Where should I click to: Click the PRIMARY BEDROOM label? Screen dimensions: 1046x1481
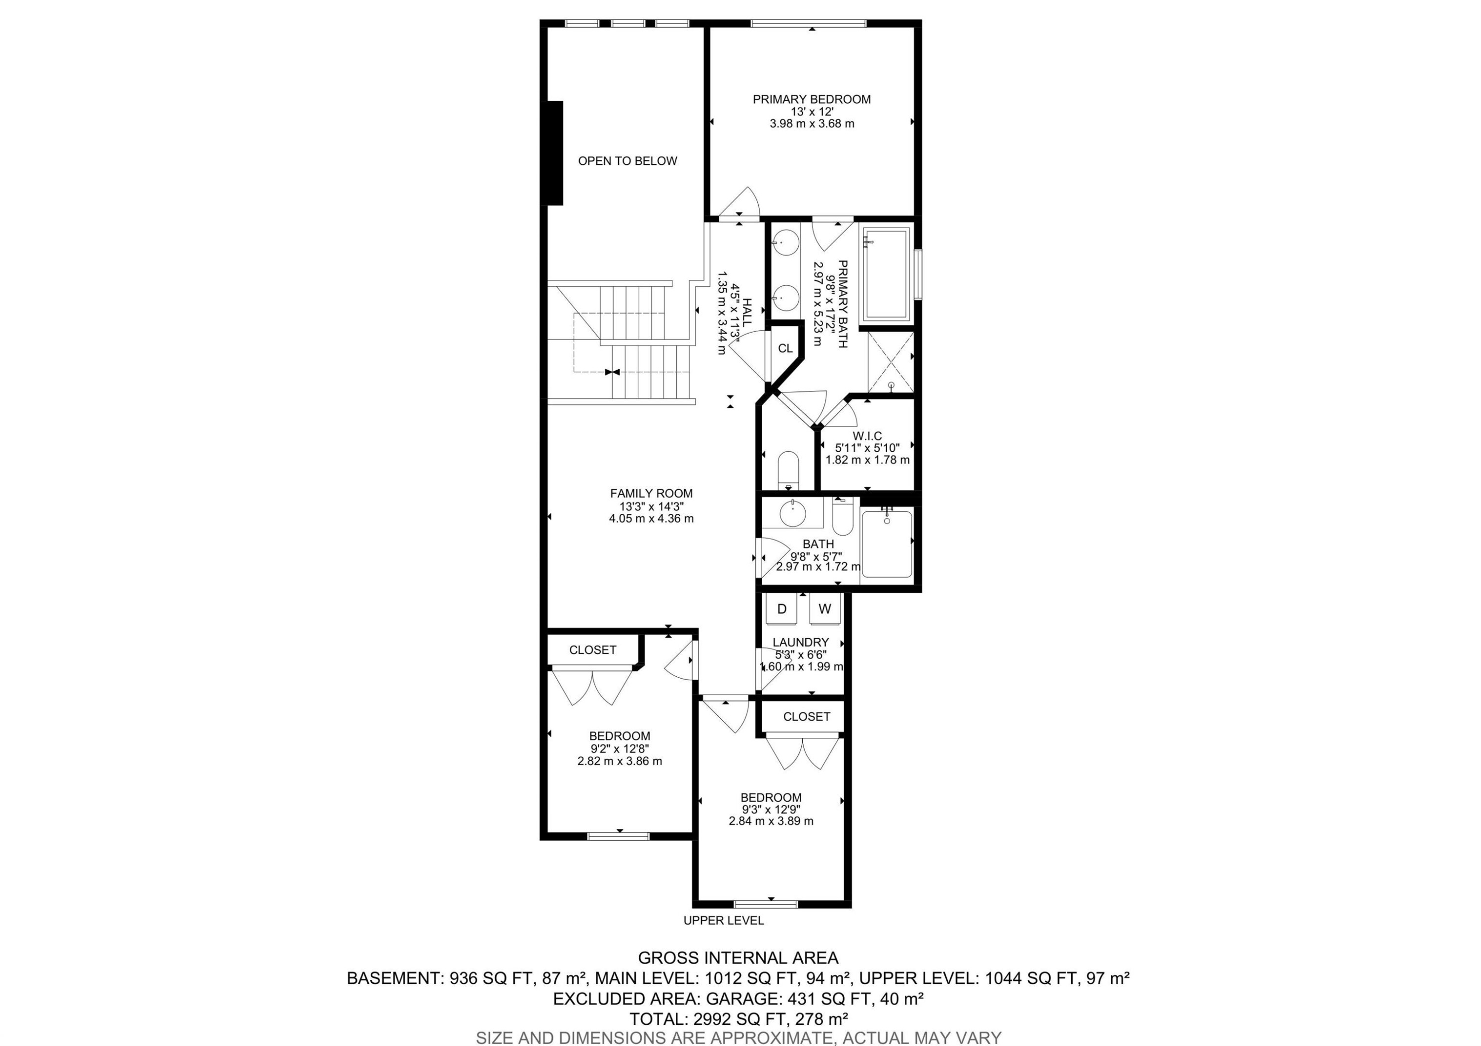pyautogui.click(x=812, y=99)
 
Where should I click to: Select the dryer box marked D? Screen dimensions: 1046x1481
pyautogui.click(x=781, y=609)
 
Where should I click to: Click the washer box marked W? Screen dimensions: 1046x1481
pyautogui.click(x=824, y=609)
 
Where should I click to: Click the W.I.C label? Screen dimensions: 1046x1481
pyautogui.click(x=867, y=436)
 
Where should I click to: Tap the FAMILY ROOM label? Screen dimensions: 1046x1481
pyautogui.click(x=651, y=493)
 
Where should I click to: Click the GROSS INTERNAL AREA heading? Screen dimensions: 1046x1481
pyautogui.click(x=738, y=958)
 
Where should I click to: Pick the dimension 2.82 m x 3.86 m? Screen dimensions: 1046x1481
pyautogui.click(x=619, y=761)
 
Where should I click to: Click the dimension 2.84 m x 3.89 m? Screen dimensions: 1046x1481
pyautogui.click(x=771, y=821)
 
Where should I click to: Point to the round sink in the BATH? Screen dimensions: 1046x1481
pyautogui.click(x=792, y=514)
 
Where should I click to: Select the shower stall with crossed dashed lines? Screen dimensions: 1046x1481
pyautogui.click(x=890, y=362)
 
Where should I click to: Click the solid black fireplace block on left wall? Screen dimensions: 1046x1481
pyautogui.click(x=555, y=153)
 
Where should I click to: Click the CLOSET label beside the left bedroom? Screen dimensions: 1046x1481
pyautogui.click(x=592, y=650)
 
